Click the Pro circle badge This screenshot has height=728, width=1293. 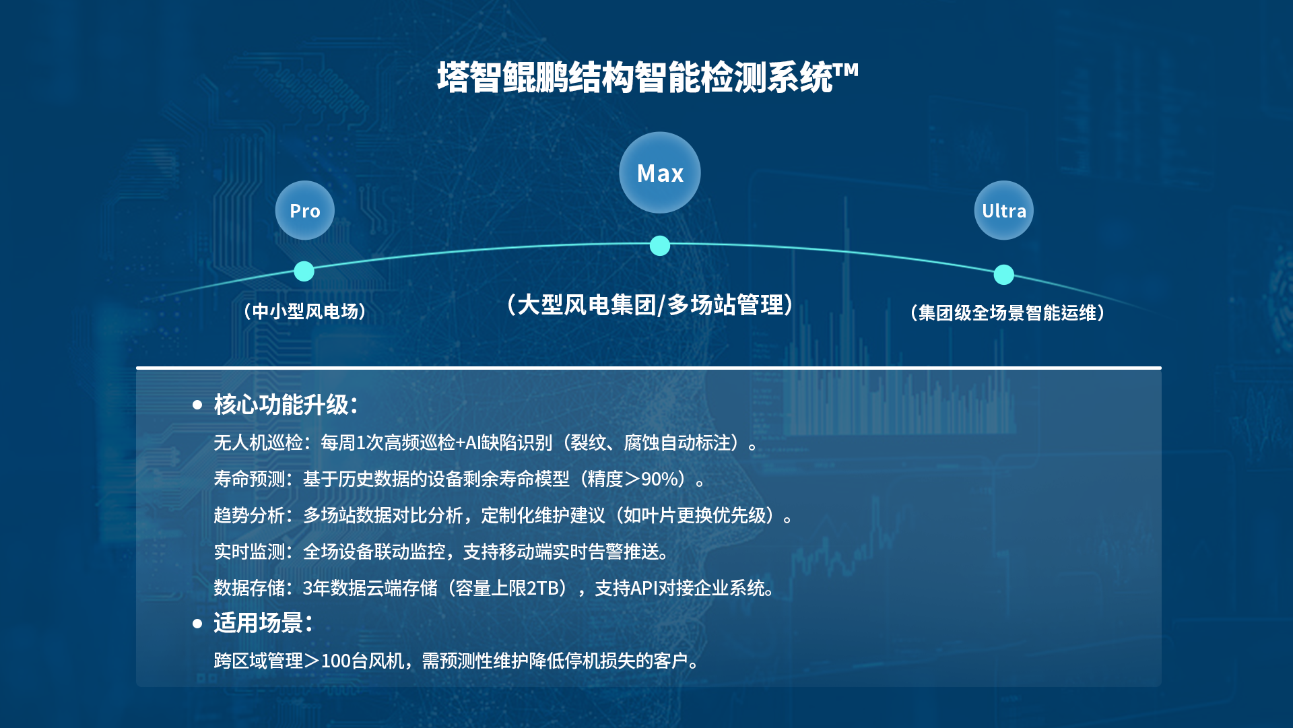click(x=304, y=210)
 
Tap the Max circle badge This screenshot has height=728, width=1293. click(x=660, y=172)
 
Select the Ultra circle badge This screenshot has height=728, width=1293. click(x=1003, y=210)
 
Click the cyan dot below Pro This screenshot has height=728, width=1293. click(x=304, y=271)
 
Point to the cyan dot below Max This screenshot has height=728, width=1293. click(x=660, y=246)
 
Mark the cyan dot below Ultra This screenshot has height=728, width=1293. click(x=1003, y=275)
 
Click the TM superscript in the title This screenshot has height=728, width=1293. click(x=846, y=70)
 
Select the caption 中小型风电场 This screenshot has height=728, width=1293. click(x=305, y=311)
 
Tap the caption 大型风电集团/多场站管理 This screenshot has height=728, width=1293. click(x=651, y=305)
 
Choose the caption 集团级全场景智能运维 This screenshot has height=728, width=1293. click(x=1007, y=312)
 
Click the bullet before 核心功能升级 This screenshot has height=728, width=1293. click(x=197, y=405)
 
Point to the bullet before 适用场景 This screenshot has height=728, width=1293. click(x=197, y=624)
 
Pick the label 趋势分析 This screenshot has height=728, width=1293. click(x=249, y=515)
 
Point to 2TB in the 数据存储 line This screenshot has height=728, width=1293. click(x=542, y=588)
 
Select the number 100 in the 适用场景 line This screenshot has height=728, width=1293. click(x=336, y=661)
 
